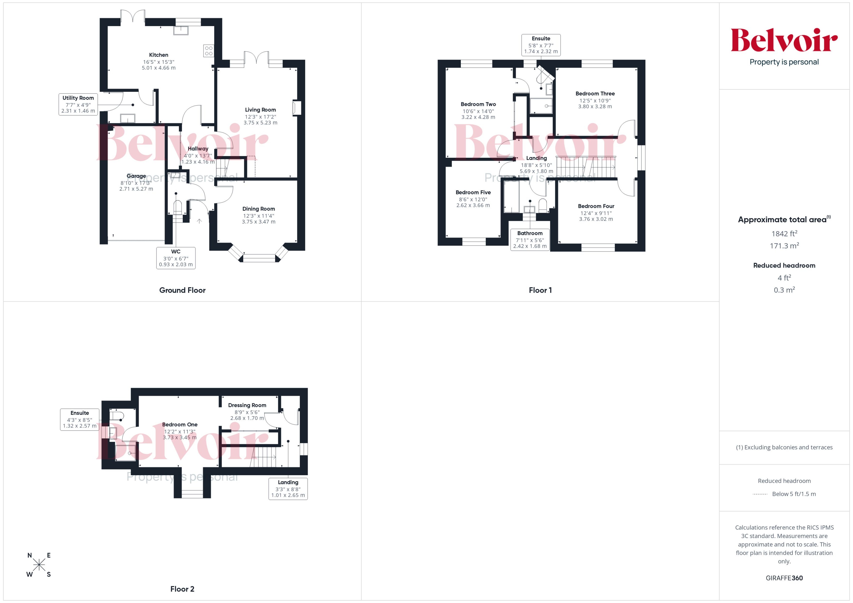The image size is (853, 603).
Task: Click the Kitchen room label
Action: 158,55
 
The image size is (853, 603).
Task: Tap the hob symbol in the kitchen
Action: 209,51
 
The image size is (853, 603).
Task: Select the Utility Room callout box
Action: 78,104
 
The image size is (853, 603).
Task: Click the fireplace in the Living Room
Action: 296,108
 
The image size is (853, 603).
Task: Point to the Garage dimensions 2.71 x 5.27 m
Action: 136,189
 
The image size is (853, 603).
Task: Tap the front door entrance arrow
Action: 199,221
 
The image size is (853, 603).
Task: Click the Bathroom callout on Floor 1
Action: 530,240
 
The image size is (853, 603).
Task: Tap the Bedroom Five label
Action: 473,192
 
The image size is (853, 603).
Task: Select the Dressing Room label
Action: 247,405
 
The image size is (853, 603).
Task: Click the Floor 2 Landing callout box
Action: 288,489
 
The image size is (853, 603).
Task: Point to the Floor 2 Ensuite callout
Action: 79,419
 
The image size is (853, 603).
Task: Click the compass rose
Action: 39,565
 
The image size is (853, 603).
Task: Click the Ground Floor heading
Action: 182,290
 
